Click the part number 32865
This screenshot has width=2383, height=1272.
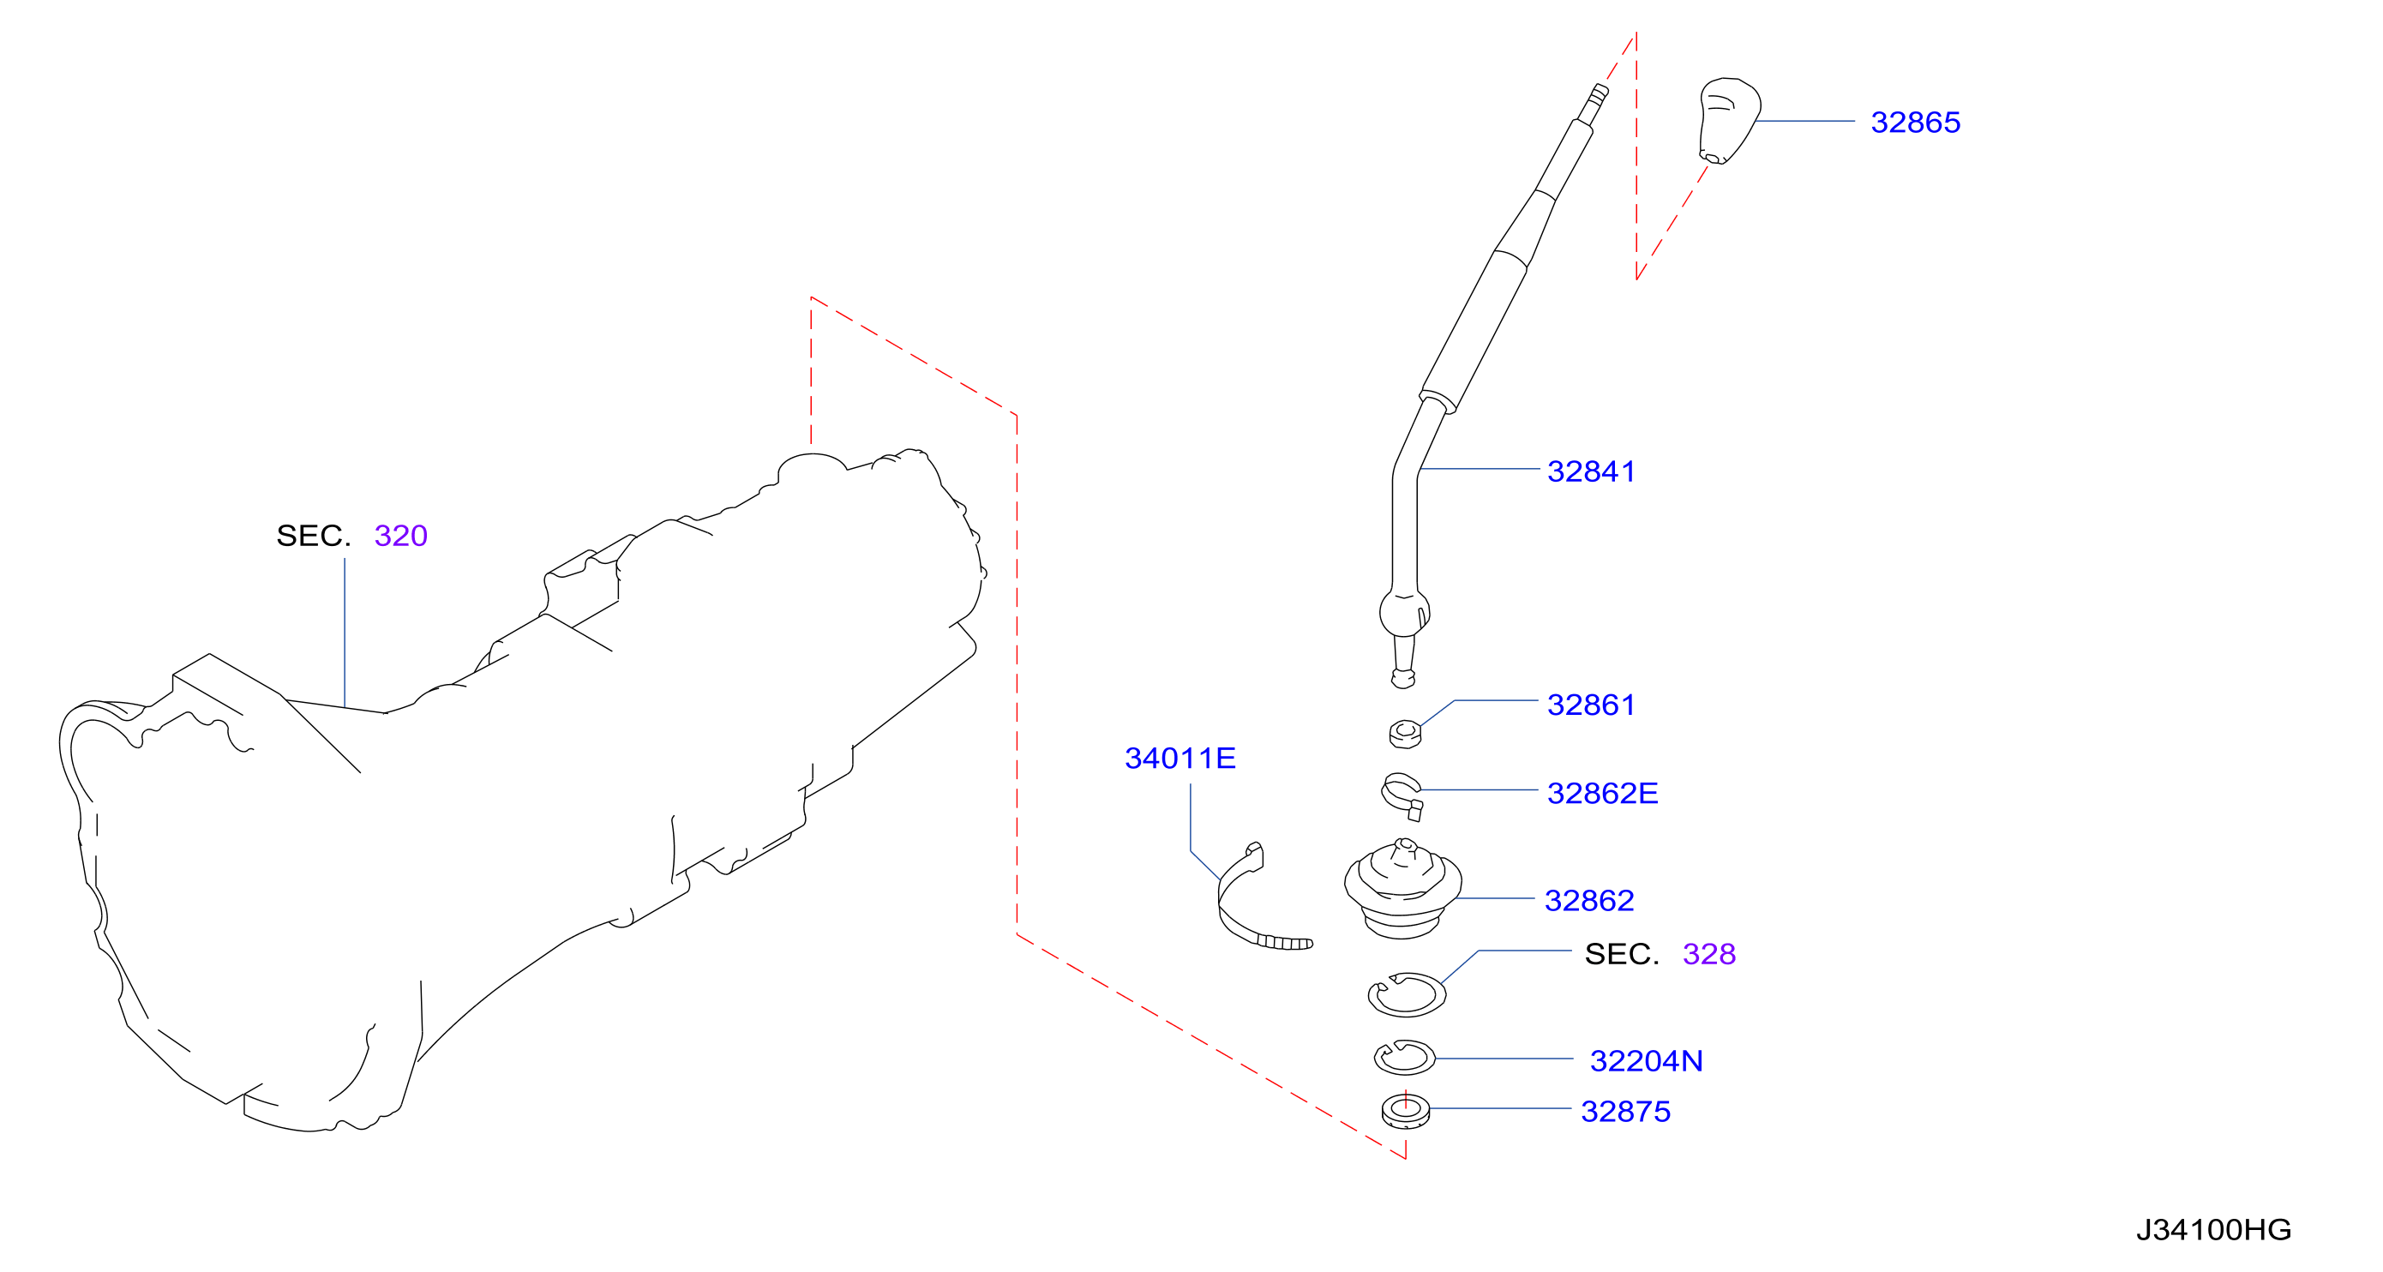coord(1914,122)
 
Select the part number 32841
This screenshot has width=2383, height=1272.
coord(1590,471)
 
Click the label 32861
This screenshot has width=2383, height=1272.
coord(1590,705)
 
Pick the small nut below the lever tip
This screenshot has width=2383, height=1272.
coord(1404,734)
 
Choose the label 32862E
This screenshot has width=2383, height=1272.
coord(1602,793)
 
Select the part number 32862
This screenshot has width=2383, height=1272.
coord(1588,900)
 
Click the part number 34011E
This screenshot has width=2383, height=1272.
coord(1179,759)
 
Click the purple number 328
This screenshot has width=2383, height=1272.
coord(1708,954)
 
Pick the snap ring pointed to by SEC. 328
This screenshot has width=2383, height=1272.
coord(1406,994)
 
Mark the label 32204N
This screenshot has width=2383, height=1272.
coord(1646,1060)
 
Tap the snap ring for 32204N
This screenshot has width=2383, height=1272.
coord(1404,1058)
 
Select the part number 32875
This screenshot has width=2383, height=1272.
coord(1625,1111)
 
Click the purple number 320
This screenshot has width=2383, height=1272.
coord(400,536)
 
